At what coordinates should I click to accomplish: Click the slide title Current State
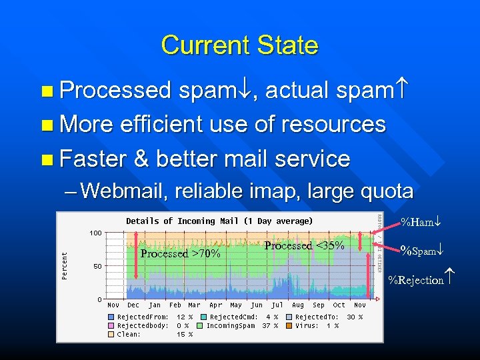(239, 45)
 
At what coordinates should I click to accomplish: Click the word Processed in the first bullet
(115, 89)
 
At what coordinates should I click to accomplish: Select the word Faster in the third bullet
(93, 159)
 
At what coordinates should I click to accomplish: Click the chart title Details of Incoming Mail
(219, 221)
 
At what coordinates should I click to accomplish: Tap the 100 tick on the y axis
(95, 233)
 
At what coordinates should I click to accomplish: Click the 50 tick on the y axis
(97, 266)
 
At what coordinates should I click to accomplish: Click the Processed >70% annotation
(180, 253)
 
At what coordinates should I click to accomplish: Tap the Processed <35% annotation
(304, 245)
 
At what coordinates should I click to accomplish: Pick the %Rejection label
(421, 280)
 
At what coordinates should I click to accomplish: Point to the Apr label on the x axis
(216, 305)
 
